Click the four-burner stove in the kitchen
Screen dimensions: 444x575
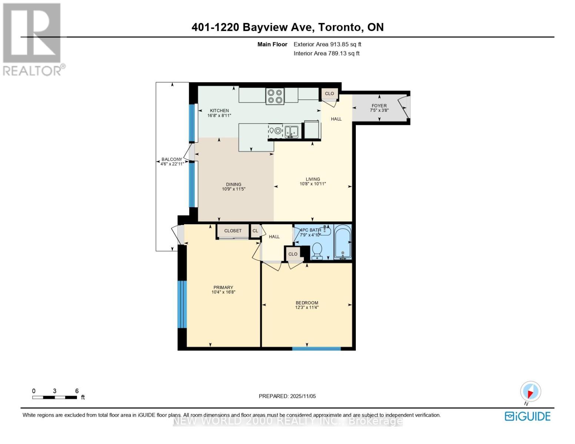pyautogui.click(x=275, y=96)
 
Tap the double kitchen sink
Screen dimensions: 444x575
pyautogui.click(x=291, y=132)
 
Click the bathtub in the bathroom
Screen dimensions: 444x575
pyautogui.click(x=342, y=242)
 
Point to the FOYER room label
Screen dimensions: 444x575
pyautogui.click(x=379, y=105)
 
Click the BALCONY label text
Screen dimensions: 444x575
pyautogui.click(x=172, y=159)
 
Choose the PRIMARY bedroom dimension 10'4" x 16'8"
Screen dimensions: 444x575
pyautogui.click(x=223, y=292)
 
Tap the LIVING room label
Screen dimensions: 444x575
pyautogui.click(x=313, y=179)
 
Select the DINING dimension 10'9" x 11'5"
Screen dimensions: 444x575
pyautogui.click(x=234, y=189)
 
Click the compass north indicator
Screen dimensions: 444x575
pyautogui.click(x=530, y=392)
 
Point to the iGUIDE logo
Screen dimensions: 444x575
pyautogui.click(x=528, y=416)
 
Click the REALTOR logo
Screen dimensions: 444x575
pyautogui.click(x=32, y=39)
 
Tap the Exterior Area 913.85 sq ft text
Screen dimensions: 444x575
pyautogui.click(x=327, y=44)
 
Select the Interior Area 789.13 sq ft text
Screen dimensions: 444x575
pyautogui.click(x=327, y=53)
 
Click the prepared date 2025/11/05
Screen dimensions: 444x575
pyautogui.click(x=287, y=396)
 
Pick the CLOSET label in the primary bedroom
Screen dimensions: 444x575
pyautogui.click(x=233, y=231)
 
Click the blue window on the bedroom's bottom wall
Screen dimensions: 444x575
pyautogui.click(x=316, y=348)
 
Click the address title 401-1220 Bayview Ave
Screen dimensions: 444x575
pyautogui.click(x=287, y=27)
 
